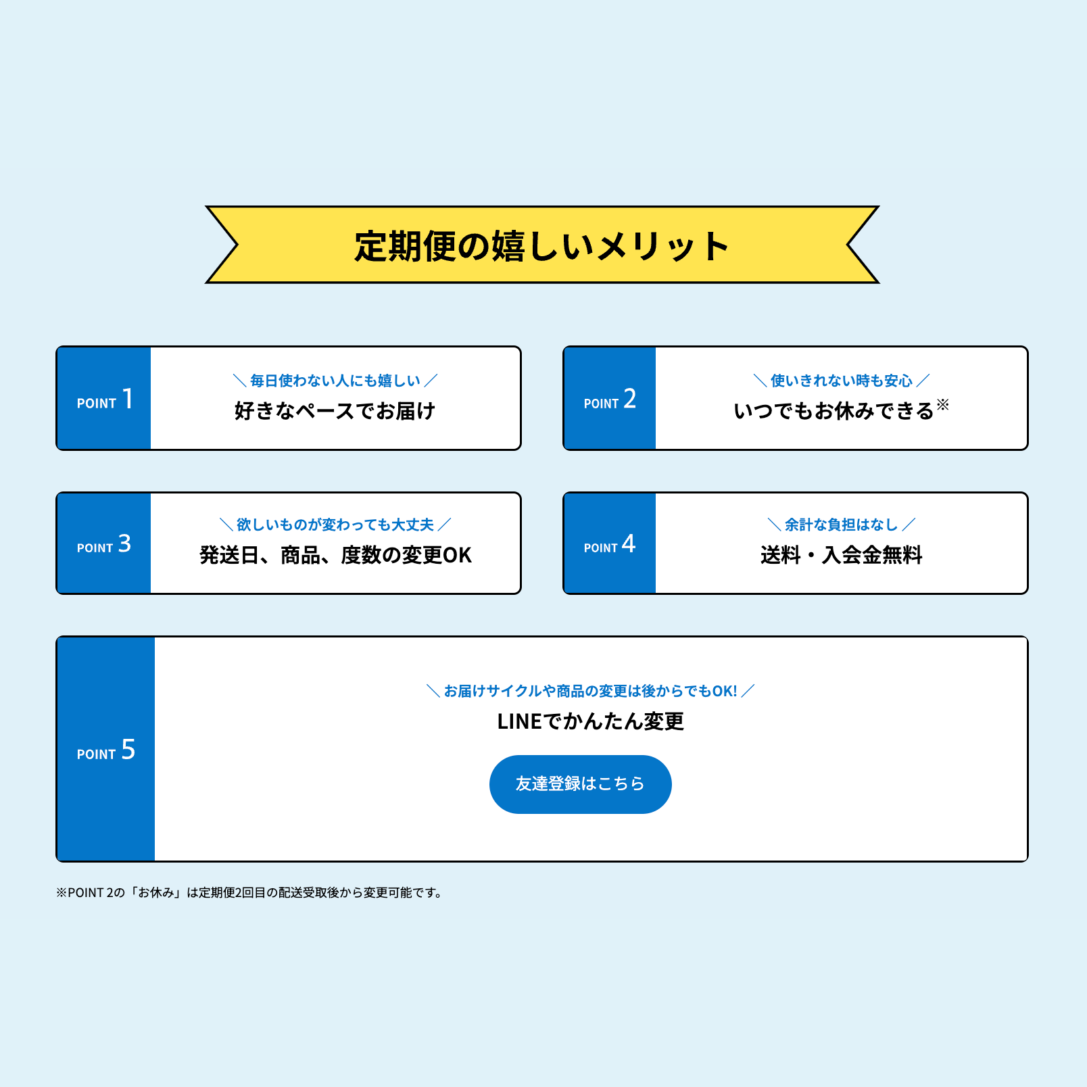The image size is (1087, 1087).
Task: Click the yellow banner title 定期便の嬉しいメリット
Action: (542, 245)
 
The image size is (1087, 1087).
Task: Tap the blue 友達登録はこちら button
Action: (580, 784)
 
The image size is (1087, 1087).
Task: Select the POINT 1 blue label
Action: (105, 400)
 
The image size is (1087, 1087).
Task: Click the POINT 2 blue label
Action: (610, 400)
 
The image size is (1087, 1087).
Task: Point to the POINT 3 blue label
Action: (104, 544)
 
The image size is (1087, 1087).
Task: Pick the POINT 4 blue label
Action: (610, 544)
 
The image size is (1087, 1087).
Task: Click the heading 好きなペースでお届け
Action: (335, 411)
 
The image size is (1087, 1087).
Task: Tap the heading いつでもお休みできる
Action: (834, 411)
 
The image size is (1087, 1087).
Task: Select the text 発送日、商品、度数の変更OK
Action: (335, 555)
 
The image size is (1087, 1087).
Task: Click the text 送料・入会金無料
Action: (842, 555)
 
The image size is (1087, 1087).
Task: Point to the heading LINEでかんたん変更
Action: (590, 721)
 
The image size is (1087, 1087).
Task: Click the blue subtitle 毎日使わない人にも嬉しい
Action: (335, 381)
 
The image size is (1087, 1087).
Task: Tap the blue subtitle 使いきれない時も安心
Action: (842, 381)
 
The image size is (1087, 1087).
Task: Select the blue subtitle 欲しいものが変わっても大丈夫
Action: (335, 525)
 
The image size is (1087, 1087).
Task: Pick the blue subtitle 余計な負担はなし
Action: (842, 525)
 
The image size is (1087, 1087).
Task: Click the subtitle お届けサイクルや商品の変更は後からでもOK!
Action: (590, 691)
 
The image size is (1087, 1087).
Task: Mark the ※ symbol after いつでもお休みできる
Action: (943, 404)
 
